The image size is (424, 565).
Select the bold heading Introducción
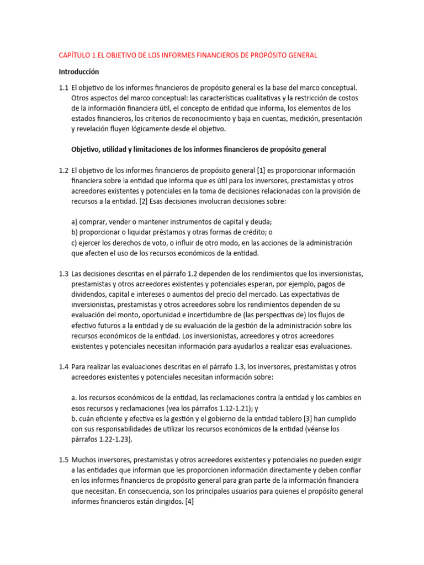[79, 71]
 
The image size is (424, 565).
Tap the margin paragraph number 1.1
[63, 87]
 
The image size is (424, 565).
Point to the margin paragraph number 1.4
[63, 366]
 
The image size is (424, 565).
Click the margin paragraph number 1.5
[63, 460]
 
